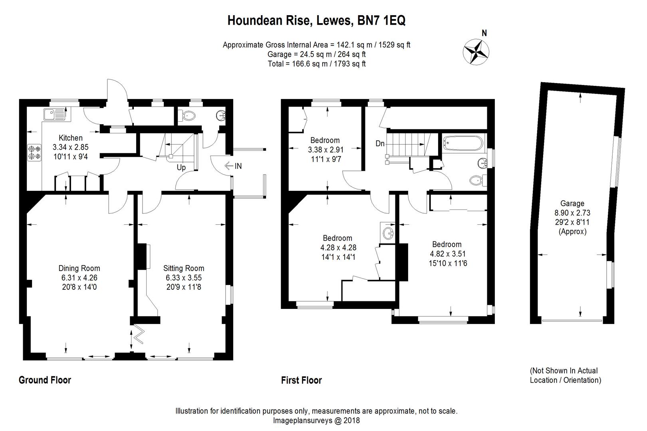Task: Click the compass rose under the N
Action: click(476, 52)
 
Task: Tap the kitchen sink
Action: click(55, 114)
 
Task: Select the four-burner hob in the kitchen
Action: click(34, 153)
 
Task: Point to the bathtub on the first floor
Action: click(463, 143)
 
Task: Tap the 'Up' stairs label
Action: click(181, 168)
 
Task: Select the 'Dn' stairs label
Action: click(380, 143)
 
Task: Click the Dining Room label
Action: click(79, 268)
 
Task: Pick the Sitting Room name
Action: click(184, 268)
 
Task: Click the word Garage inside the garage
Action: click(572, 204)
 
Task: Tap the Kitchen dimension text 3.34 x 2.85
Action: click(70, 147)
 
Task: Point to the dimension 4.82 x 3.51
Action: click(448, 254)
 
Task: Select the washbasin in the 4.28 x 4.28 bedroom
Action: click(388, 232)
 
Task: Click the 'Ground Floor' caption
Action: click(45, 380)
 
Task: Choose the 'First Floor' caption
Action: click(301, 380)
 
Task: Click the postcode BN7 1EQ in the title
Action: click(381, 20)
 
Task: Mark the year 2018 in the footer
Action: click(351, 420)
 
